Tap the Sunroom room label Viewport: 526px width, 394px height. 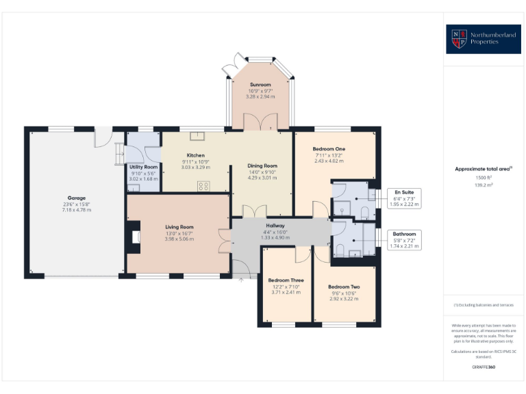(260, 85)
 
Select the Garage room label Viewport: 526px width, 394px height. (76, 198)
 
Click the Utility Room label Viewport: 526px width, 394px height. (144, 167)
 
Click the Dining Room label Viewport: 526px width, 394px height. (262, 166)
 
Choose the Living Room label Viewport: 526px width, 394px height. (179, 227)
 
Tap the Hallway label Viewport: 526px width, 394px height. (275, 226)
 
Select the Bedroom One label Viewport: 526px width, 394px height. (329, 149)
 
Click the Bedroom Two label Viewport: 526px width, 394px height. (344, 287)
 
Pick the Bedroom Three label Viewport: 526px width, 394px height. (286, 280)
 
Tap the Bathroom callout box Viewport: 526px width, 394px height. (404, 240)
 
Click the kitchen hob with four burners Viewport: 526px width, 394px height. (203, 185)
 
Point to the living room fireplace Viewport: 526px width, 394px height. (134, 237)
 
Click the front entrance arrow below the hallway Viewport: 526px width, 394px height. (241, 278)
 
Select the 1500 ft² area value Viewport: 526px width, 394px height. (484, 177)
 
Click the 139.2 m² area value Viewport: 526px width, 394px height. (484, 185)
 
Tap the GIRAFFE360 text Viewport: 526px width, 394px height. (484, 367)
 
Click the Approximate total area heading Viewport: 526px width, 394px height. (484, 168)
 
